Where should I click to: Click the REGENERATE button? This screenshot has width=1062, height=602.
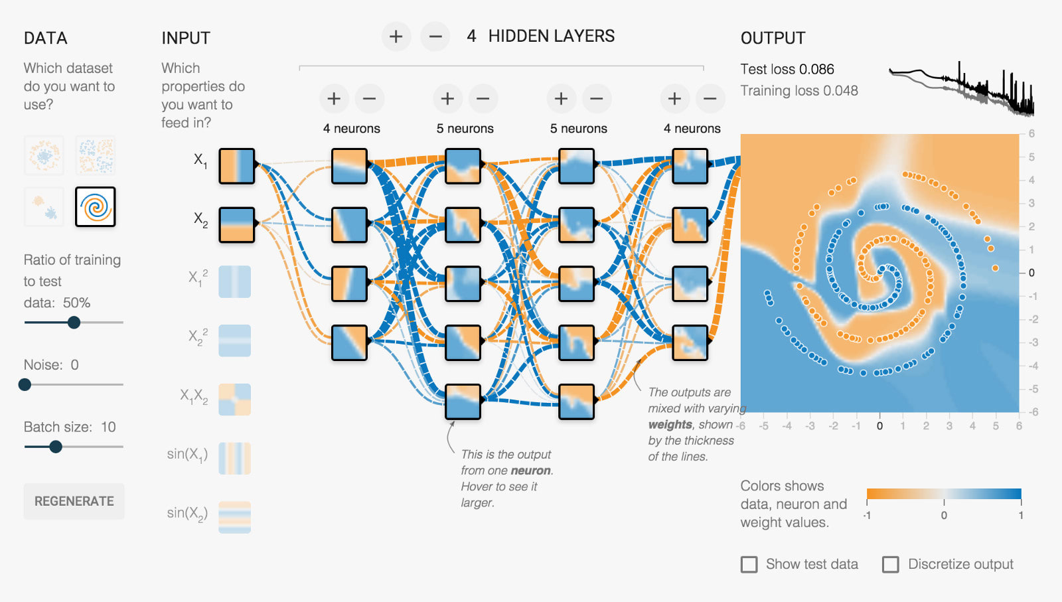point(74,501)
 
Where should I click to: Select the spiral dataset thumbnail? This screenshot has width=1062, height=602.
point(96,206)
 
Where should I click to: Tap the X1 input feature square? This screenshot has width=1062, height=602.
point(236,165)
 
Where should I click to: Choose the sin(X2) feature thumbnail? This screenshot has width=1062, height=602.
point(235,518)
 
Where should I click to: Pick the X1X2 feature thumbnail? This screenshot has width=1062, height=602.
point(235,400)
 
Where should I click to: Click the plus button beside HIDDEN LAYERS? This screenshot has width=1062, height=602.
point(396,37)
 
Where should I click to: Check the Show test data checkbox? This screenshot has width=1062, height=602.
point(749,564)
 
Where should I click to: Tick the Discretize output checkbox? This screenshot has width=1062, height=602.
point(891,564)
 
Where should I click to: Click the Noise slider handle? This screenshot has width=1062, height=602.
point(25,384)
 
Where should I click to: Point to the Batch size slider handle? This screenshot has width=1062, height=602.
point(56,447)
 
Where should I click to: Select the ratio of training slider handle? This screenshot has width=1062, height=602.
point(74,323)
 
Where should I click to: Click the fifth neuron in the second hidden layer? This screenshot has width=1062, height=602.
point(463,402)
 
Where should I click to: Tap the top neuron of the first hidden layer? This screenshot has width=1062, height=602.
point(349,165)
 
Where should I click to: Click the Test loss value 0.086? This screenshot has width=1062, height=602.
point(816,70)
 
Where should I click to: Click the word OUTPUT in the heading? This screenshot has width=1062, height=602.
point(773,38)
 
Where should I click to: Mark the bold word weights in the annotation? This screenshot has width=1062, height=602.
point(670,425)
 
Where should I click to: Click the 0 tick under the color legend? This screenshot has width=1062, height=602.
point(944,516)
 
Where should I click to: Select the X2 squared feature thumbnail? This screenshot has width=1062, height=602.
point(235,340)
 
